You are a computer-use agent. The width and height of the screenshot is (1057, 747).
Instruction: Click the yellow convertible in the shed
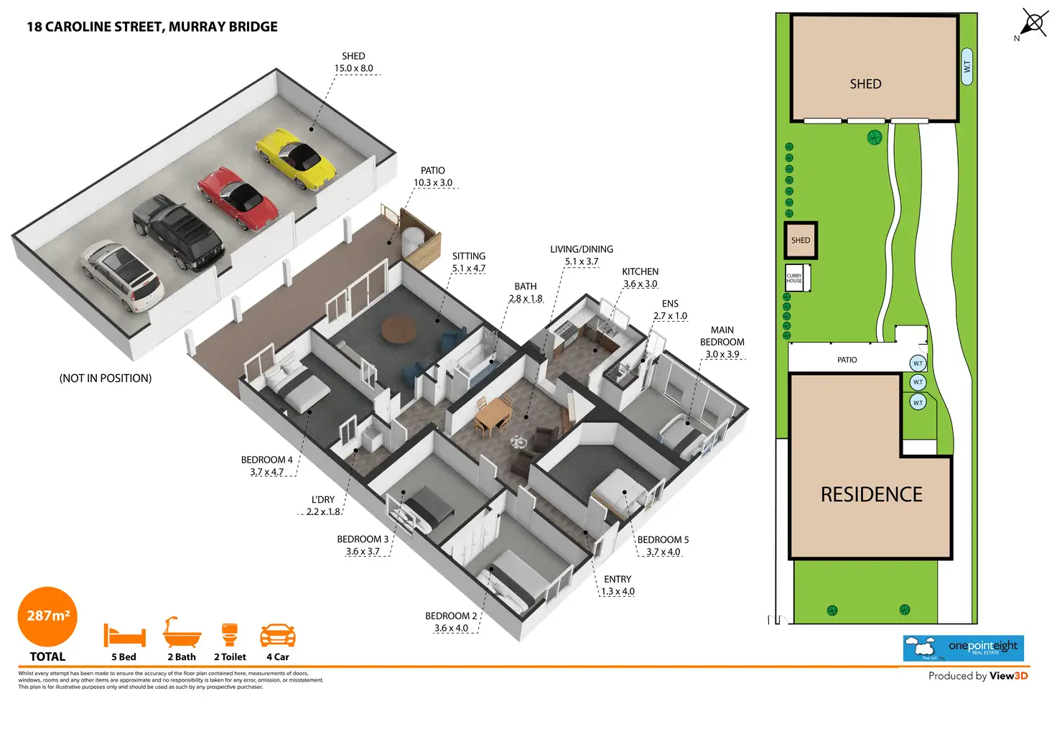[x=296, y=158]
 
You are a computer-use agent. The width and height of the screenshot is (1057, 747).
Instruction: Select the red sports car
[x=238, y=199]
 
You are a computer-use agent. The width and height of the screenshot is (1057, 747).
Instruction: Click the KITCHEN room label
[x=640, y=272]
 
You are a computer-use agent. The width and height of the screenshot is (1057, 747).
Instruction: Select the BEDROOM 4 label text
[x=266, y=460]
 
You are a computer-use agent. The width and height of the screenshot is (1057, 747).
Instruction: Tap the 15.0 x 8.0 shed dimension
[x=353, y=68]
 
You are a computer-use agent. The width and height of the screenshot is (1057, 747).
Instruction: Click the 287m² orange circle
[x=47, y=616]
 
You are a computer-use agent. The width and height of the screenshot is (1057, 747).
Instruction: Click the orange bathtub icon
[x=182, y=633]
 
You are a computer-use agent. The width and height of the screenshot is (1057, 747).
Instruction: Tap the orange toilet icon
[x=230, y=635]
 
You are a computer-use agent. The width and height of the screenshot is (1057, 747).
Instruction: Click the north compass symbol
[x=1033, y=23]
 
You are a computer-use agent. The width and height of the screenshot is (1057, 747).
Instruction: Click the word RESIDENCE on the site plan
[x=871, y=495]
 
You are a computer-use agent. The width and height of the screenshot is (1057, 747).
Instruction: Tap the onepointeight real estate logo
[x=963, y=648]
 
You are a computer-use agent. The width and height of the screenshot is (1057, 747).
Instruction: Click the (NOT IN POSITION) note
[x=106, y=379]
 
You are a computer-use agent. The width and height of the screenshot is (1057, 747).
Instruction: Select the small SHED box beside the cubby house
[x=800, y=241]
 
